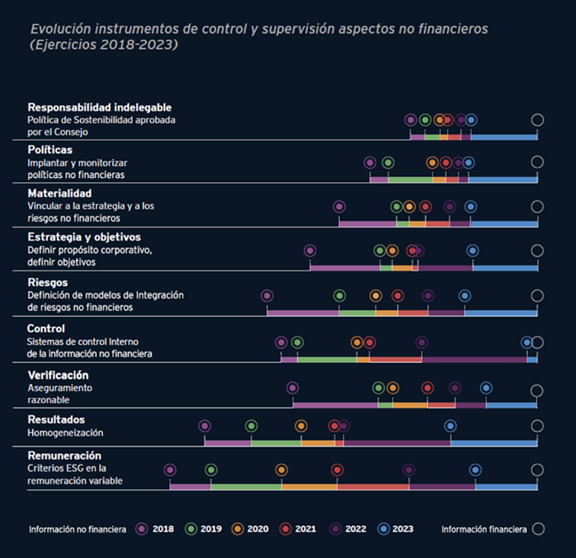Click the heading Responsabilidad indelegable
point(99,107)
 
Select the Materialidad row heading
point(59,193)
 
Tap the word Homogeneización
point(65,433)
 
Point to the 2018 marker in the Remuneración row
point(170,470)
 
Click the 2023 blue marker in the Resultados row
point(450,426)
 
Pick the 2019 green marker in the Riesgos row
point(339,296)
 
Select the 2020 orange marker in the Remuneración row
point(281,470)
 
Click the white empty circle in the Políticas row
point(537,162)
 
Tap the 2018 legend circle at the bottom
point(141,529)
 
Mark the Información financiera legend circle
point(538,529)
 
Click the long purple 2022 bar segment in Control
point(474,359)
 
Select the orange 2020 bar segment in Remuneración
point(310,487)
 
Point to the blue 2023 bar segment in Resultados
point(493,442)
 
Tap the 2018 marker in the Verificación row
point(292,388)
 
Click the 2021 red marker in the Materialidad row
point(425,207)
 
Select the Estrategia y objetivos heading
point(84,237)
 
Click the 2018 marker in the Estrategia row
point(310,251)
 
